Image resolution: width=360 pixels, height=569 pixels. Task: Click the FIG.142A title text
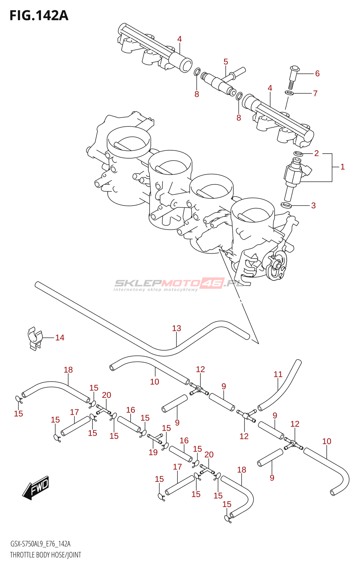pos(39,16)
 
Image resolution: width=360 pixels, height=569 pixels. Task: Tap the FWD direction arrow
pos(36,487)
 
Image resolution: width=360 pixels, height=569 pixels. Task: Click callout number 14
pos(60,337)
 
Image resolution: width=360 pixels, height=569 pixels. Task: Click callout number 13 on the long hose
pos(176,328)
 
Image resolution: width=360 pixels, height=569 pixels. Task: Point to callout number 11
pos(278,374)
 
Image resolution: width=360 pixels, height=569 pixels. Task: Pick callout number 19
pos(153,452)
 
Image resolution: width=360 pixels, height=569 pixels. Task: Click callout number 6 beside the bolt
pos(317,74)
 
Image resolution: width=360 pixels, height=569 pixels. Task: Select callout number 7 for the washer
pos(315,94)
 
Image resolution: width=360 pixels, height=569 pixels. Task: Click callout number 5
pos(226,62)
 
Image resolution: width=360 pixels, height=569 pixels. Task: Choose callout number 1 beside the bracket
pos(343,167)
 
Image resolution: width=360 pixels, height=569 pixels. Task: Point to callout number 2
pos(316,153)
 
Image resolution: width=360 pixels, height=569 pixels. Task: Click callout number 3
pos(313,206)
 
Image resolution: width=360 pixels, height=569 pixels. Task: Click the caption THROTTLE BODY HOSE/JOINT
pos(46,555)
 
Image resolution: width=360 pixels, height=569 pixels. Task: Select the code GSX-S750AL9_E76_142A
pos(40,544)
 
